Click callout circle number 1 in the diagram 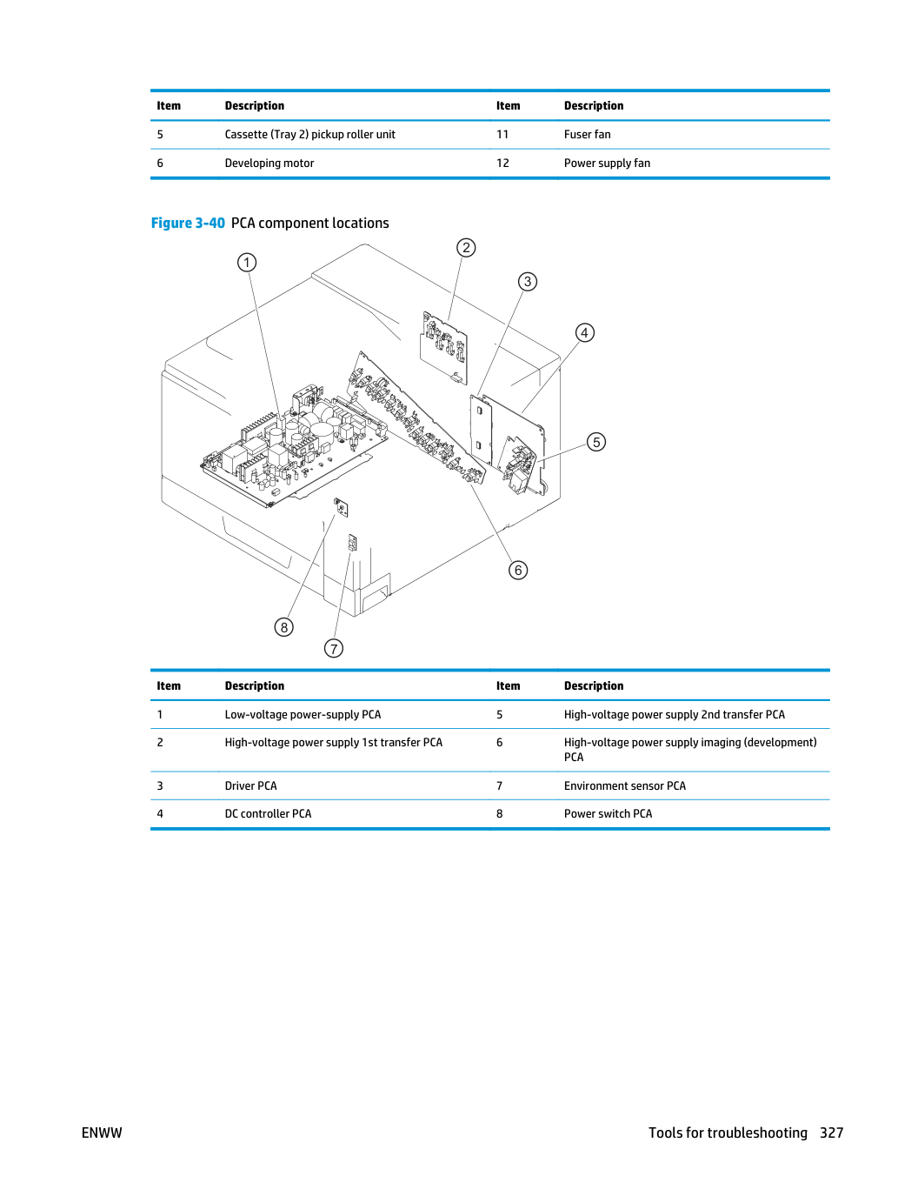pos(247,263)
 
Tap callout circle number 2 pos(466,248)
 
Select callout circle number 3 pos(527,282)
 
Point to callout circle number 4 pos(584,333)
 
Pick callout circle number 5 pos(596,442)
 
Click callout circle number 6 pos(518,571)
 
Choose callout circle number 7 pos(334,648)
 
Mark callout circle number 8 pos(283,627)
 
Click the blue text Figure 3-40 pos(188,223)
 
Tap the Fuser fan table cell pos(587,135)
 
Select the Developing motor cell pos(269,163)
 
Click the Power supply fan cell pos(607,163)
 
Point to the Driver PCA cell pos(250,785)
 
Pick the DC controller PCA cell pos(268,813)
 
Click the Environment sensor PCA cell pos(625,785)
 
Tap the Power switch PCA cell pos(608,813)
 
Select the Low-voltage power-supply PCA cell pos(303,714)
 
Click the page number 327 pos(832,1133)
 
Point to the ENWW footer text pos(102,1133)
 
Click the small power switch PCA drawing pos(341,507)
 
